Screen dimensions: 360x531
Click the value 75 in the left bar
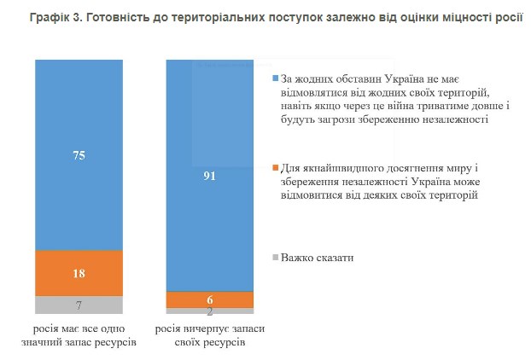pos(79,155)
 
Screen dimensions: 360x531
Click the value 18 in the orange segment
pos(79,273)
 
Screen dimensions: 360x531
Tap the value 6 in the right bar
pos(210,299)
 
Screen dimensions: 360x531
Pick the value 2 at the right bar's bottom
pos(210,311)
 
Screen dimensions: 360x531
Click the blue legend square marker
pos(275,78)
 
